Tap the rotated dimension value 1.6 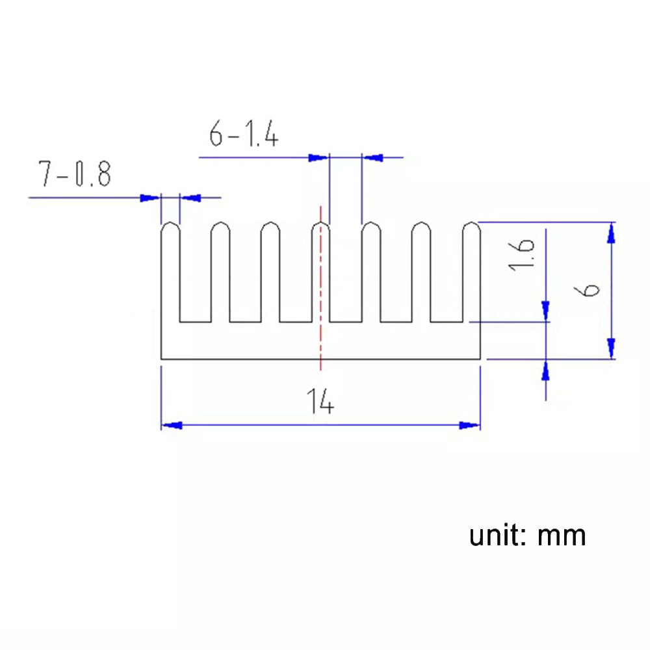(x=525, y=255)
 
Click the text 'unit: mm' (x=528, y=536)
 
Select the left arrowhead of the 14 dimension (x=170, y=425)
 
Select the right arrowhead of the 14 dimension (x=470, y=425)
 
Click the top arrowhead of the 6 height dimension (x=610, y=232)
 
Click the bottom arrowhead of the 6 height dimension (x=610, y=348)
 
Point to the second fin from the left (x=220, y=273)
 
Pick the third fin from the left (x=270, y=273)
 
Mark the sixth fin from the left (x=421, y=273)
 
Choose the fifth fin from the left (x=371, y=273)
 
